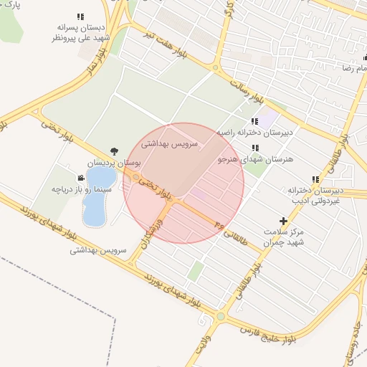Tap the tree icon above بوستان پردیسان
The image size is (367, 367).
coord(115,151)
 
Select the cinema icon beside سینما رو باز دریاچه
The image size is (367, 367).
coord(80,177)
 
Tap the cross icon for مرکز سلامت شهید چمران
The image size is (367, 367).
coord(283,221)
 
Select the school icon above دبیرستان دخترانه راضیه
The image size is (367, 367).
coord(254,121)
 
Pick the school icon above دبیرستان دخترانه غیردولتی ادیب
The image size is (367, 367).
coord(315,179)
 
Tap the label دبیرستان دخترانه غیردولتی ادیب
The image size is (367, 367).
coord(316,196)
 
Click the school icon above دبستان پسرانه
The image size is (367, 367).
coord(80,16)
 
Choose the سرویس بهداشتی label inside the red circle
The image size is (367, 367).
coord(166,143)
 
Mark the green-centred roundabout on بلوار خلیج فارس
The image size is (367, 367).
coord(221,316)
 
